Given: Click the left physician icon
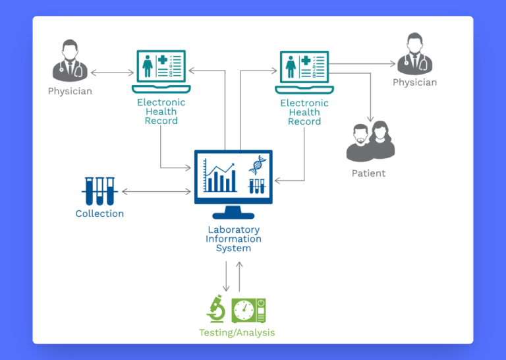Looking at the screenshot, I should pyautogui.click(x=69, y=60).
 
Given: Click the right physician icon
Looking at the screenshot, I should pyautogui.click(x=415, y=55).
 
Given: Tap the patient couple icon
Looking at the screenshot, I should pyautogui.click(x=371, y=140).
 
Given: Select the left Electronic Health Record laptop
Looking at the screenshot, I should pyautogui.click(x=161, y=71).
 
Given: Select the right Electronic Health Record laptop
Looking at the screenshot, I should pyautogui.click(x=304, y=71).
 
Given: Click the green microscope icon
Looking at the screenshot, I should pyautogui.click(x=216, y=309).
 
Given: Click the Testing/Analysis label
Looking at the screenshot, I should pyautogui.click(x=237, y=332).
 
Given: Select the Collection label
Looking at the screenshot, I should pyautogui.click(x=99, y=214).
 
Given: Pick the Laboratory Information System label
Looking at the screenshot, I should pyautogui.click(x=233, y=239).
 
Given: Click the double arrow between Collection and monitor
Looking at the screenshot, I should pyautogui.click(x=156, y=192).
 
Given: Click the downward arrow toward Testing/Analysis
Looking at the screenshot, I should pyautogui.click(x=227, y=276).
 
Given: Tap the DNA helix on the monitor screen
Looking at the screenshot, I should pyautogui.click(x=257, y=165).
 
